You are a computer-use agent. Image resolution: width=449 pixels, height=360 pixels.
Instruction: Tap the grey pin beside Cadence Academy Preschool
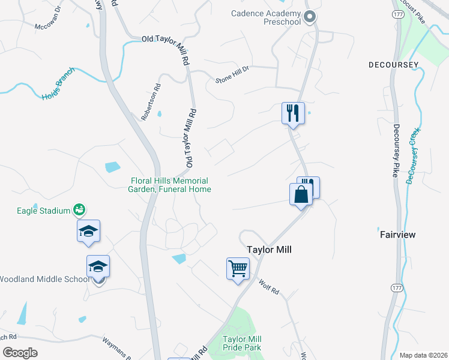point(310,17)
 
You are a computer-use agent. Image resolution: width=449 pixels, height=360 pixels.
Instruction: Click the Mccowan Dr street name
point(48,18)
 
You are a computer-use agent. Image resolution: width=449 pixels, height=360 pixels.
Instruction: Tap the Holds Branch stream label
point(58,88)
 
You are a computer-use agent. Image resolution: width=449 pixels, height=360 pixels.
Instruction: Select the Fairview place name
point(397,235)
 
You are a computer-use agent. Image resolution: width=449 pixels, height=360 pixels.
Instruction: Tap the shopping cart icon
point(238,268)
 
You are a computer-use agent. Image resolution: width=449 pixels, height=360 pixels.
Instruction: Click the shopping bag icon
point(300,194)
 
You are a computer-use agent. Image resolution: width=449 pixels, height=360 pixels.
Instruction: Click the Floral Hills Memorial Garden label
point(170,185)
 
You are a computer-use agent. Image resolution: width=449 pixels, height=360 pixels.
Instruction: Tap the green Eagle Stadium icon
point(79,209)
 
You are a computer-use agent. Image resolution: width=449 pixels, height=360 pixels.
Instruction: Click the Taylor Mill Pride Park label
point(242,343)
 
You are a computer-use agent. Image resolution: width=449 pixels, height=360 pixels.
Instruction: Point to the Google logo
point(19,352)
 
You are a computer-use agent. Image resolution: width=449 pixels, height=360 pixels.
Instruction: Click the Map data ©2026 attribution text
point(423,355)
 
